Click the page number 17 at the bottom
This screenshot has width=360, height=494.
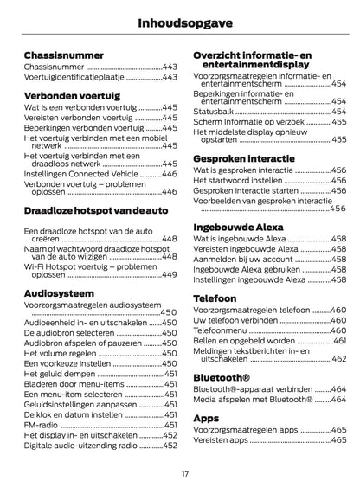click(x=185, y=474)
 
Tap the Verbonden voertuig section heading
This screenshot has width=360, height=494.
click(x=71, y=95)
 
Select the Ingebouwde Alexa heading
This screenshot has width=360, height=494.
click(x=242, y=226)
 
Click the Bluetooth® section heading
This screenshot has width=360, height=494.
click(x=222, y=377)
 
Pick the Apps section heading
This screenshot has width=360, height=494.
click(x=206, y=417)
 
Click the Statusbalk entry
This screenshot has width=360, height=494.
click(x=213, y=110)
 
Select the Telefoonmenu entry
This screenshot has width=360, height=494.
click(x=222, y=330)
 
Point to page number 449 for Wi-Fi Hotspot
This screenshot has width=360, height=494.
click(x=170, y=274)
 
